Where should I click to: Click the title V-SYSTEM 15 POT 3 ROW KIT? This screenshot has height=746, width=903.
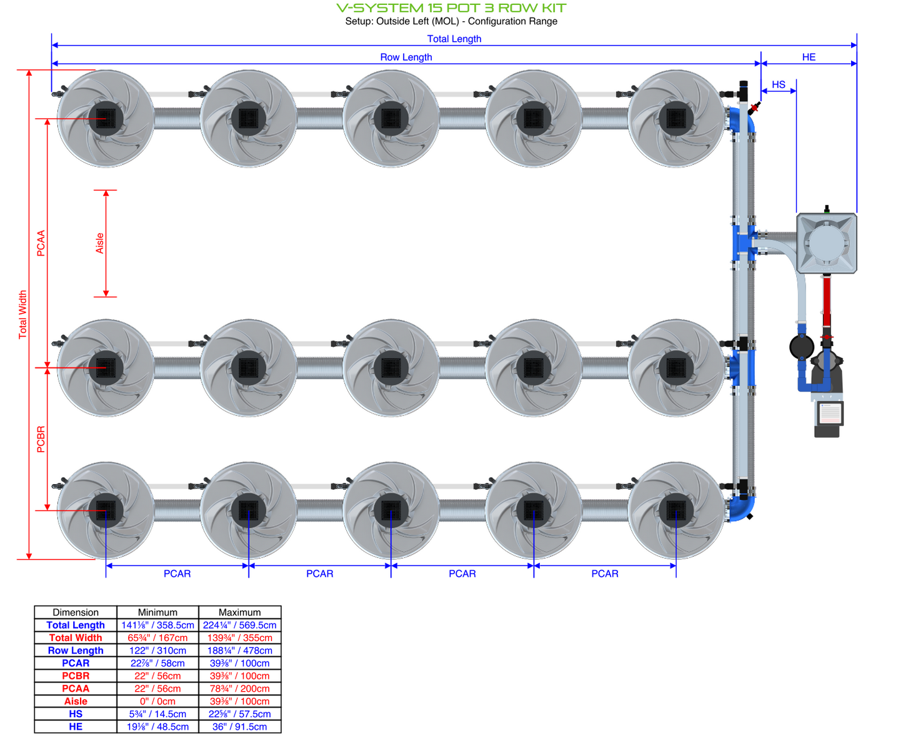pyautogui.click(x=451, y=8)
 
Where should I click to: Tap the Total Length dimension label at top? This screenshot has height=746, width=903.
pyautogui.click(x=454, y=39)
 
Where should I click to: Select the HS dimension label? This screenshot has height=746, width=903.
pyautogui.click(x=778, y=85)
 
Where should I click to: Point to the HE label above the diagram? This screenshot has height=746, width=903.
pyautogui.click(x=809, y=57)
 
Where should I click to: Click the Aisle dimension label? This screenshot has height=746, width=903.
pyautogui.click(x=100, y=243)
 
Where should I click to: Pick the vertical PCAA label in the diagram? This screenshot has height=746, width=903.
pyautogui.click(x=41, y=243)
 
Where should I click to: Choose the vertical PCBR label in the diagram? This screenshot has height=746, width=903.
pyautogui.click(x=41, y=439)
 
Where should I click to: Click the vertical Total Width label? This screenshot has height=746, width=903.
pyautogui.click(x=23, y=314)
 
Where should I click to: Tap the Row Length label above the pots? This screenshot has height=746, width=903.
pyautogui.click(x=406, y=57)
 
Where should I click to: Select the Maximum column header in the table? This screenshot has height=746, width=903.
pyautogui.click(x=239, y=612)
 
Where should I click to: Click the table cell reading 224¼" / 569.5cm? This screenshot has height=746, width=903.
pyautogui.click(x=239, y=625)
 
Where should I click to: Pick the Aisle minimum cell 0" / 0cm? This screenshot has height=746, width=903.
pyautogui.click(x=157, y=701)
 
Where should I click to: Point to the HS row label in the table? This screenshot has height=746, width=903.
pyautogui.click(x=76, y=714)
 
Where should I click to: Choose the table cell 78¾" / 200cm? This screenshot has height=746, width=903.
pyautogui.click(x=239, y=689)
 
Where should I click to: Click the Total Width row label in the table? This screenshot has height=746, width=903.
pyautogui.click(x=76, y=638)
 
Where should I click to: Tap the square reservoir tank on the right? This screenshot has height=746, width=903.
pyautogui.click(x=826, y=243)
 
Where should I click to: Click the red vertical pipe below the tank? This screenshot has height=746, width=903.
pyautogui.click(x=827, y=300)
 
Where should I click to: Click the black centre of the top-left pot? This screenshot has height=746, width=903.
pyautogui.click(x=106, y=118)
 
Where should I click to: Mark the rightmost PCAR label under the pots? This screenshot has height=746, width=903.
pyautogui.click(x=604, y=574)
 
